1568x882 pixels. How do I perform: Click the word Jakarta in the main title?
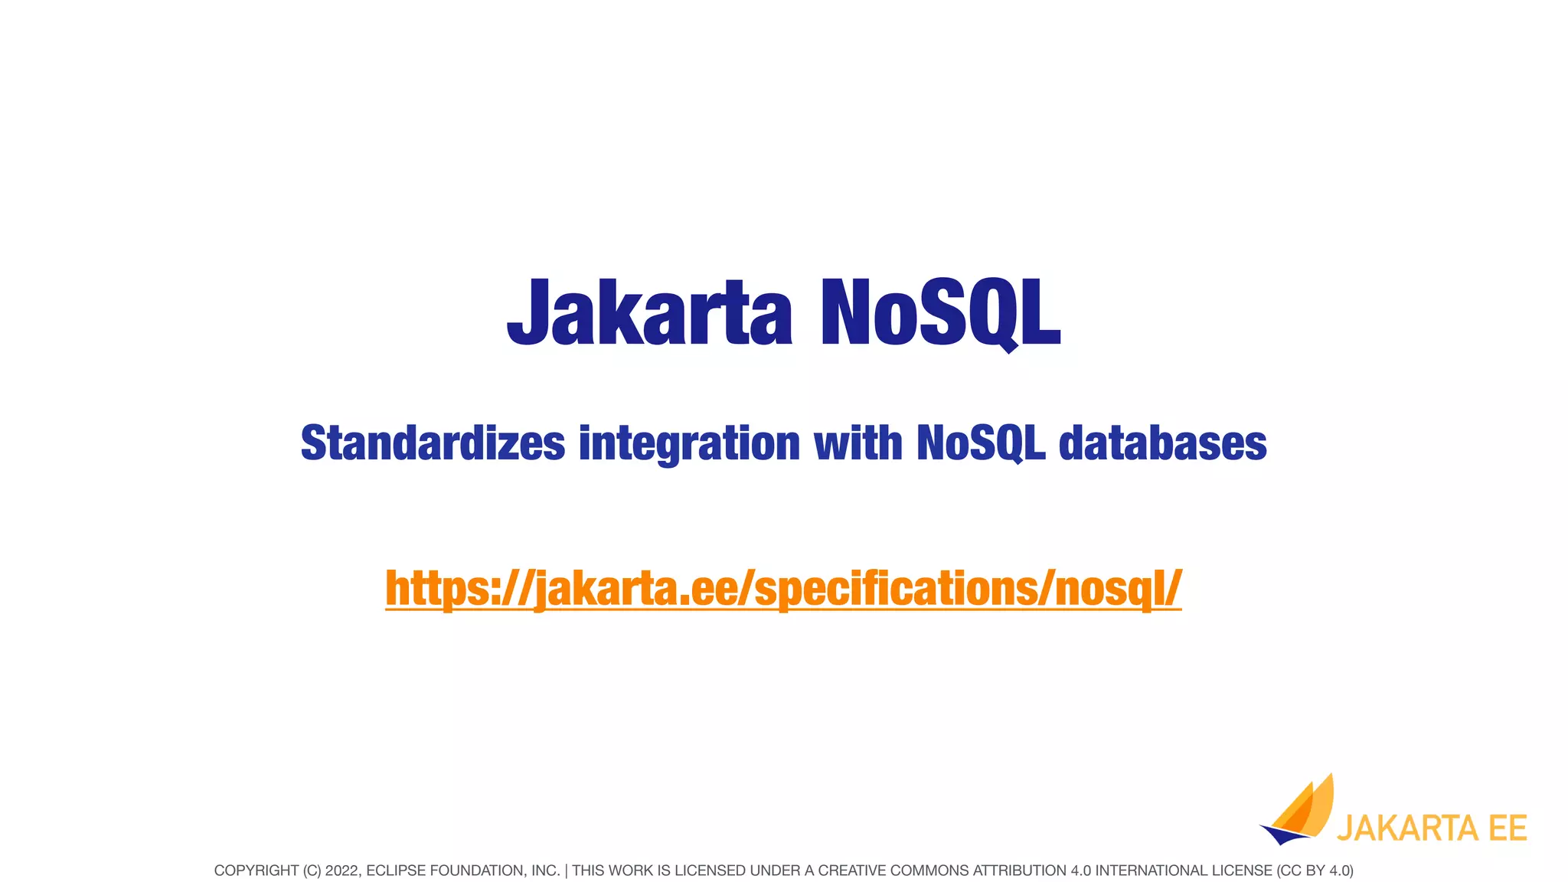pyautogui.click(x=649, y=312)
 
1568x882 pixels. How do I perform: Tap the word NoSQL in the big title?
pyautogui.click(x=940, y=312)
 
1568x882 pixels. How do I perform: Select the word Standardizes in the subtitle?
pyautogui.click(x=433, y=443)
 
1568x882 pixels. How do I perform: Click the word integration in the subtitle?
pyautogui.click(x=689, y=443)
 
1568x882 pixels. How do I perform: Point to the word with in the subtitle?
pyautogui.click(x=857, y=443)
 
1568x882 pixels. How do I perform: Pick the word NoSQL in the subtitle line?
pyautogui.click(x=981, y=443)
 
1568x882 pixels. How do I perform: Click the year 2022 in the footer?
pyautogui.click(x=341, y=871)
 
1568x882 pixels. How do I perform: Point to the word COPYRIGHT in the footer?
pyautogui.click(x=256, y=871)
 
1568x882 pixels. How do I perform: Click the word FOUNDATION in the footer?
pyautogui.click(x=475, y=871)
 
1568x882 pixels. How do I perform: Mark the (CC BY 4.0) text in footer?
pyautogui.click(x=1315, y=871)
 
